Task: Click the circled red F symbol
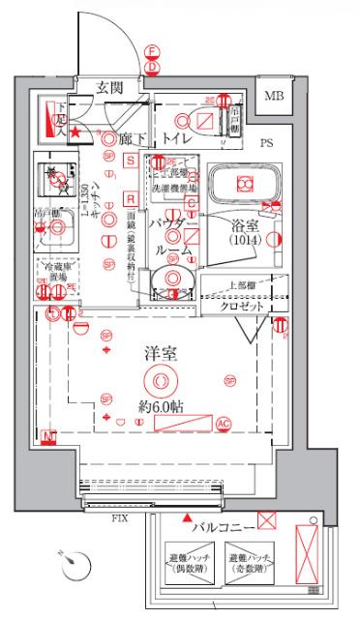152,52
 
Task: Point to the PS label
267,143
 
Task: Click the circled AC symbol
224,423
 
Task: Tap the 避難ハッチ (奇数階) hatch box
248,563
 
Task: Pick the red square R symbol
130,198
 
